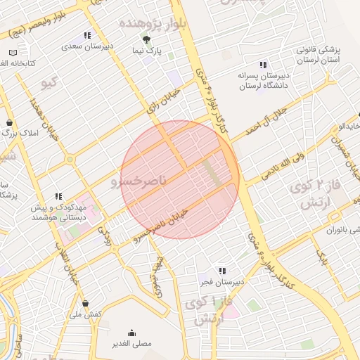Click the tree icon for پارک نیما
pos(146,40)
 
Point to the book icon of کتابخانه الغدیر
pos(14,53)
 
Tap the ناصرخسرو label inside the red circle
pos(140,182)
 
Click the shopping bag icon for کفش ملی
pos(86,304)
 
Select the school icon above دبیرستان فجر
pos(222,271)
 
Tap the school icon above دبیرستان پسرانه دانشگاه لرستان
pos(263,65)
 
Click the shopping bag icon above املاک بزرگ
pos(9,121)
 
